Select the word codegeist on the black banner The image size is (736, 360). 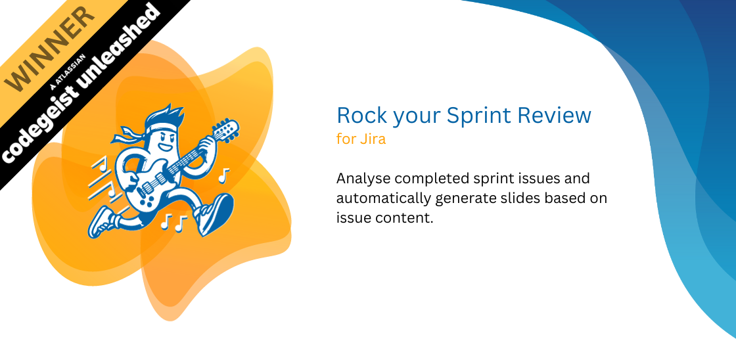click(x=37, y=127)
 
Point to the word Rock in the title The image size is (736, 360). click(x=362, y=115)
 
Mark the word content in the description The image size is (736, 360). click(x=402, y=218)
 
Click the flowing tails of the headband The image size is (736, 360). click(x=124, y=135)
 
